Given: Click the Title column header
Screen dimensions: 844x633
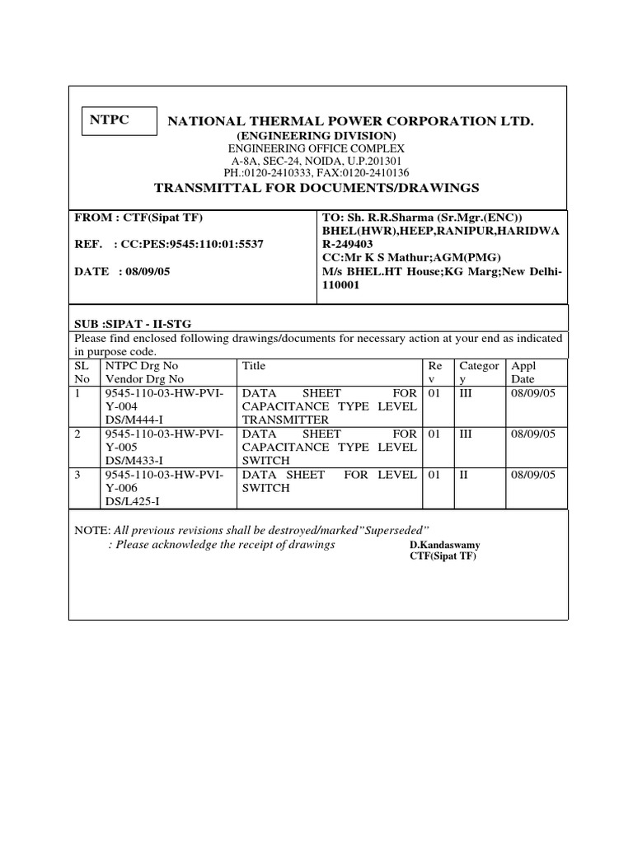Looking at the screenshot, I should [x=253, y=365].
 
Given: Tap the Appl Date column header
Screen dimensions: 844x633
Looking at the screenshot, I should [x=524, y=373].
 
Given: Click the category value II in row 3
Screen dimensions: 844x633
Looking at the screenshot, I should [x=463, y=475].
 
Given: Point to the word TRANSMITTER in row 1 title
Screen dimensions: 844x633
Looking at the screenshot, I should [x=281, y=420].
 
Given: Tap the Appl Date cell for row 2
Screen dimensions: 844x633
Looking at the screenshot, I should [x=533, y=434].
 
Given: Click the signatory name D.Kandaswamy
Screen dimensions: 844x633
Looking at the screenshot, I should [x=444, y=546].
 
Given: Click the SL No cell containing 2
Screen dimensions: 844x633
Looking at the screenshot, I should [x=78, y=434].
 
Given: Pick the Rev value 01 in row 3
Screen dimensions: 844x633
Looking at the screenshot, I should [x=434, y=475].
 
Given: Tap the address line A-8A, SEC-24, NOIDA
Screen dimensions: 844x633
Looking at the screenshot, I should [x=316, y=161].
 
